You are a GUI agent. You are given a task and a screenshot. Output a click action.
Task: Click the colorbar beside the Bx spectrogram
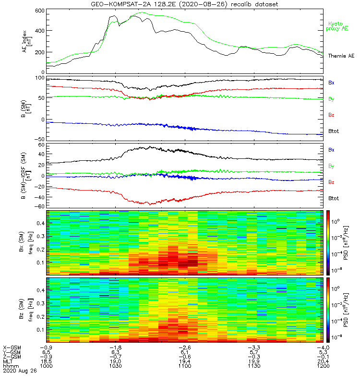coord(329,242)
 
